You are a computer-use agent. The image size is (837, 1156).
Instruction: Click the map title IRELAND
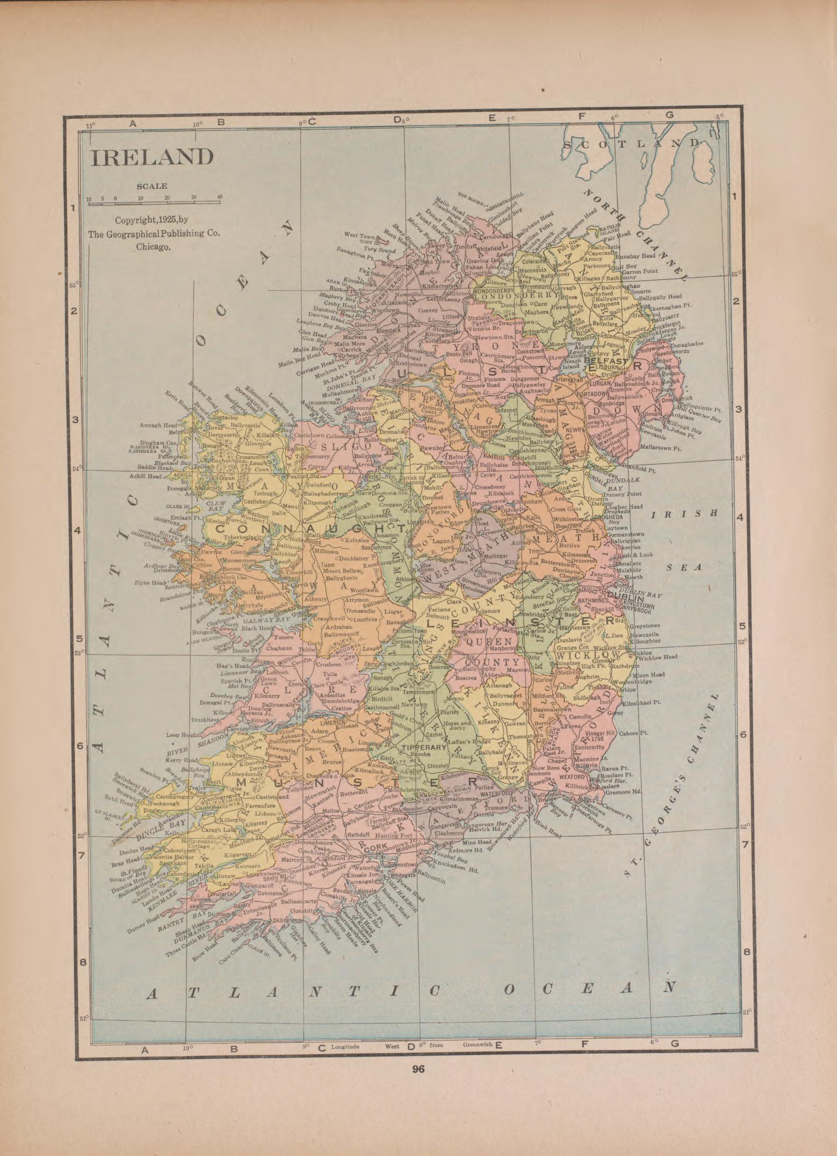pyautogui.click(x=152, y=157)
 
